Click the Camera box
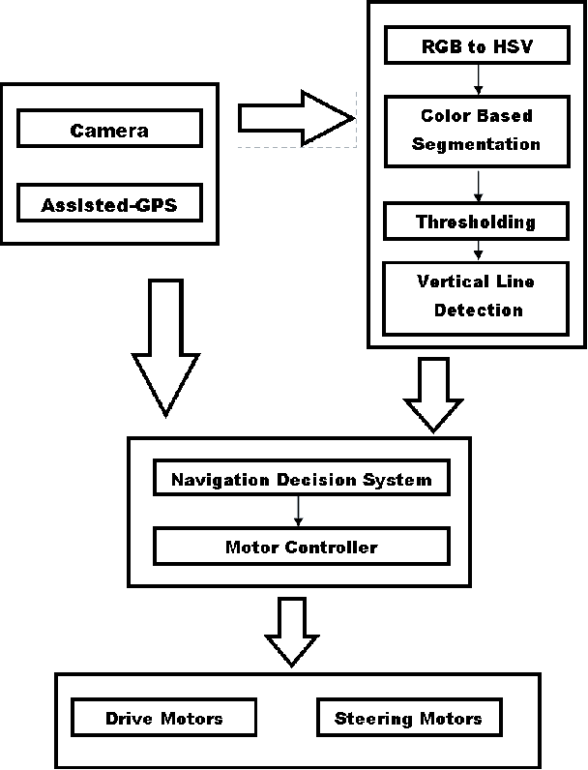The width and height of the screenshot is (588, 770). click(109, 130)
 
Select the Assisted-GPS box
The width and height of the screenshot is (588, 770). click(109, 204)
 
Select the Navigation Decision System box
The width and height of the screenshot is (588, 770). click(301, 479)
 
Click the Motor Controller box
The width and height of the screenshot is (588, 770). click(301, 547)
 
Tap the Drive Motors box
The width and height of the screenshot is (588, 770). click(163, 718)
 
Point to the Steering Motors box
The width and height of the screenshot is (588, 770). click(407, 718)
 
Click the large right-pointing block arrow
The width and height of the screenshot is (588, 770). click(295, 118)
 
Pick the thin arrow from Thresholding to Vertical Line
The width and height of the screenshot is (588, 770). click(476, 250)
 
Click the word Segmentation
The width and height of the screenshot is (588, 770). click(476, 144)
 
